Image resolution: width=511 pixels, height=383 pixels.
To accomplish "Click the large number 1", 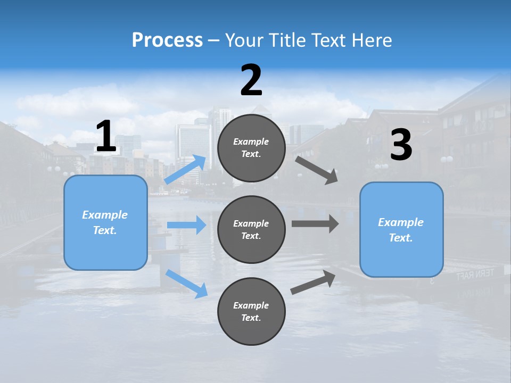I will point(106,136).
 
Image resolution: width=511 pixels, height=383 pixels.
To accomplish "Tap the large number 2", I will point(251,80).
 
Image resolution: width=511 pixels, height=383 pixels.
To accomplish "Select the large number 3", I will point(401,145).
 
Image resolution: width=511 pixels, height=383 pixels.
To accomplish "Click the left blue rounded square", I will point(105,222).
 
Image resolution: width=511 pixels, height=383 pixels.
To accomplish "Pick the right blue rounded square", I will point(401,230).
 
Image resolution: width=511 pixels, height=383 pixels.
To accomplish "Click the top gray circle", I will point(251,147).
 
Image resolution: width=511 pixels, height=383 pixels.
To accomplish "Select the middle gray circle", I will point(251,229).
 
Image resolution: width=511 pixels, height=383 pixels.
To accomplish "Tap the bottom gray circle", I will point(251,311).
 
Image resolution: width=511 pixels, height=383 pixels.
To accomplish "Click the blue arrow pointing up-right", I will point(186,169).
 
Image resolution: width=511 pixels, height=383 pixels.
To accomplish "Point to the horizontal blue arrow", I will point(186,225).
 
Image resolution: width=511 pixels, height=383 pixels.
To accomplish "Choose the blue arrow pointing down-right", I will point(187,284).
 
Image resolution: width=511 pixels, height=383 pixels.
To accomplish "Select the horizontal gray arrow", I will point(315,223).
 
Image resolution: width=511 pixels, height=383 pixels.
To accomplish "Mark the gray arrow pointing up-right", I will point(313,282).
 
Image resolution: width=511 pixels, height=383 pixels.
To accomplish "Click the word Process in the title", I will point(167,40).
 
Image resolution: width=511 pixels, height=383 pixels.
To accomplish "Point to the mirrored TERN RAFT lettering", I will point(475,274).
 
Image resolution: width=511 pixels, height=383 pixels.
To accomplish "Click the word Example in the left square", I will point(105,214).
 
